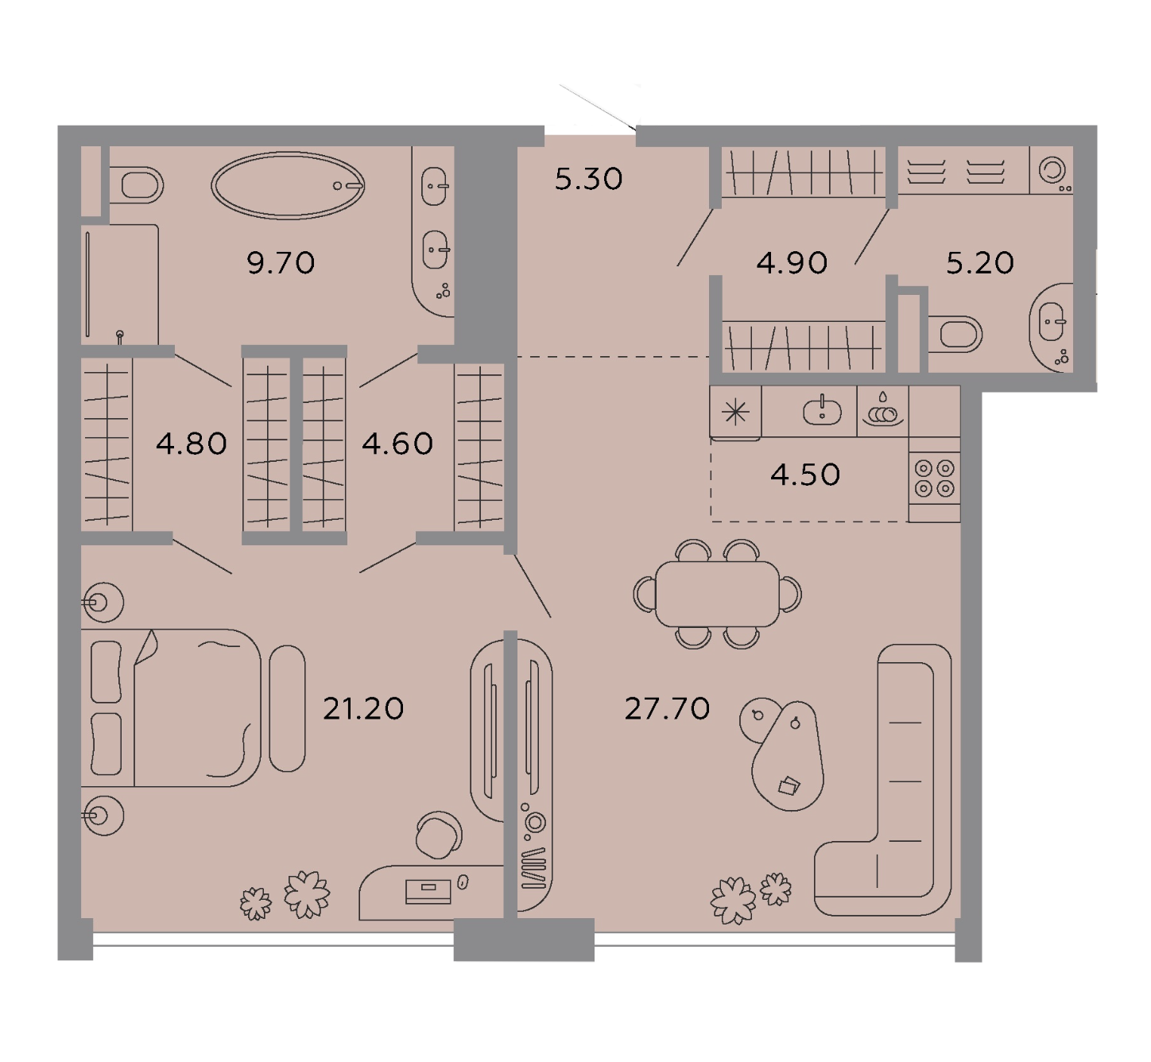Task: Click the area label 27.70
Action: coord(667,708)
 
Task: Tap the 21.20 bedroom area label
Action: coord(363,708)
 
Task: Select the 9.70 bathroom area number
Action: coord(281,262)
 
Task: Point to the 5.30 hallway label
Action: coord(588,179)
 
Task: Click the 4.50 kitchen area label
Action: coord(805,475)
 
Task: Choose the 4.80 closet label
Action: coord(192,444)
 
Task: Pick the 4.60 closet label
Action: coord(397,444)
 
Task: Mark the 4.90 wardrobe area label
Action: coord(792,262)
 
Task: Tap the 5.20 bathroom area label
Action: coord(980,262)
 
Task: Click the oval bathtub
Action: coord(288,185)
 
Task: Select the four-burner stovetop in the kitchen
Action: coord(934,479)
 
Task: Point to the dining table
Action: coord(718,594)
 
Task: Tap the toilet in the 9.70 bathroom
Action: coord(136,185)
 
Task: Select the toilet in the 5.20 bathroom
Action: coord(955,334)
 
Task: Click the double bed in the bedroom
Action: coord(171,707)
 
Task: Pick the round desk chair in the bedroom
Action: coord(439,835)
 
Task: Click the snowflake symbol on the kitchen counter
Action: coord(735,413)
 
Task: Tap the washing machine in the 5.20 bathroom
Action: coord(1052,170)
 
